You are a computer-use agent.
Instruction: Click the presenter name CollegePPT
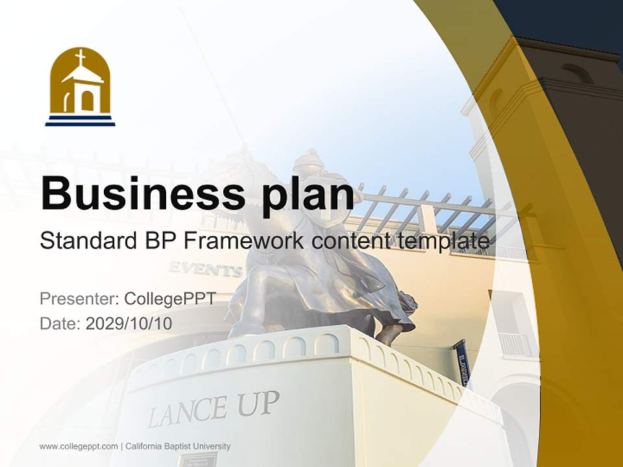(170, 299)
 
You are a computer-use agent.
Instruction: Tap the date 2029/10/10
(129, 323)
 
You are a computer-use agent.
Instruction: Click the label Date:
(60, 323)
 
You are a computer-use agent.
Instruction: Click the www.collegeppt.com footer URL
(79, 446)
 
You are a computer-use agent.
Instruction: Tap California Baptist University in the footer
(178, 446)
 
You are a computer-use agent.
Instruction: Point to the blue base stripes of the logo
(80, 121)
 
